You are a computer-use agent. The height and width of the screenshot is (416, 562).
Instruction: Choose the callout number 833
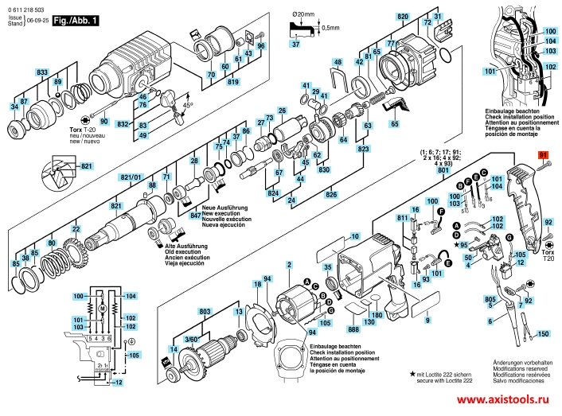[x=42, y=72]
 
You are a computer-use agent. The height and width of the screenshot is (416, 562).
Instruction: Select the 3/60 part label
[x=191, y=340]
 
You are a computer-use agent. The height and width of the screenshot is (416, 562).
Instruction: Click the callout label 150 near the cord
[x=544, y=335]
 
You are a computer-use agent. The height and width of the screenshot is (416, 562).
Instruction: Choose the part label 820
[x=403, y=17]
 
